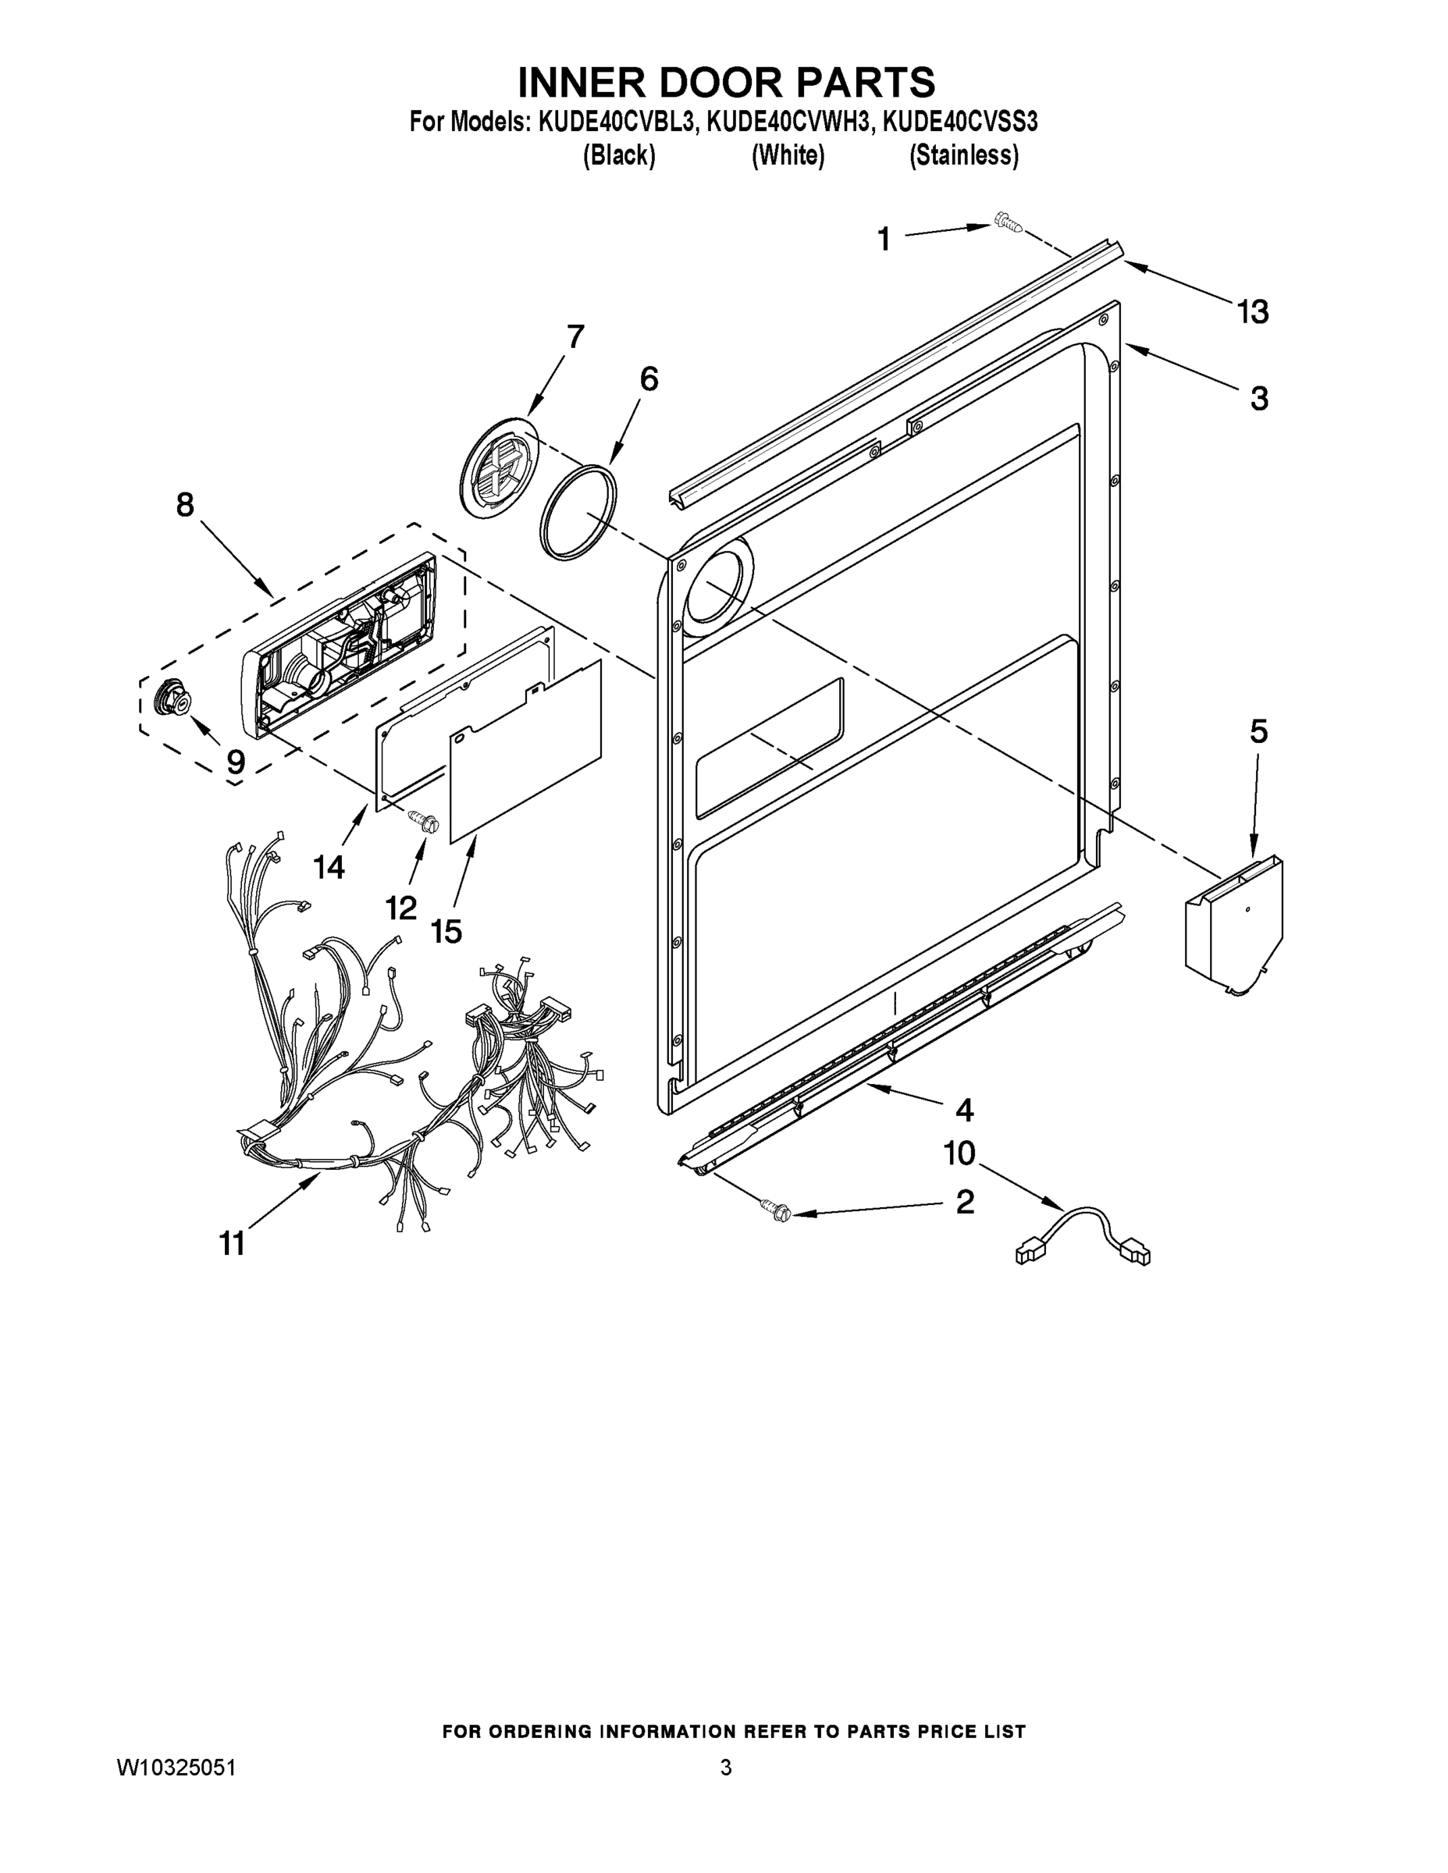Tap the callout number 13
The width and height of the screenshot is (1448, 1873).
click(x=1252, y=312)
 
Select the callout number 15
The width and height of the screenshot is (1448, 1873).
click(x=446, y=931)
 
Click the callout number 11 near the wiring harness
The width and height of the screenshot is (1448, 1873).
click(x=233, y=1243)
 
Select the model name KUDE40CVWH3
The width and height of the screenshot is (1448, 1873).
click(x=788, y=123)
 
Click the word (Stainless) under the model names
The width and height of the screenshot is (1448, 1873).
click(x=963, y=156)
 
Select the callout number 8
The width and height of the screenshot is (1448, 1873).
click(x=184, y=505)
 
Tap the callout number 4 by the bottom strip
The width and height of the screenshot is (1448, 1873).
click(x=964, y=1111)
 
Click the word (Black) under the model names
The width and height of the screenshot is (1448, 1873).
click(x=618, y=156)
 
